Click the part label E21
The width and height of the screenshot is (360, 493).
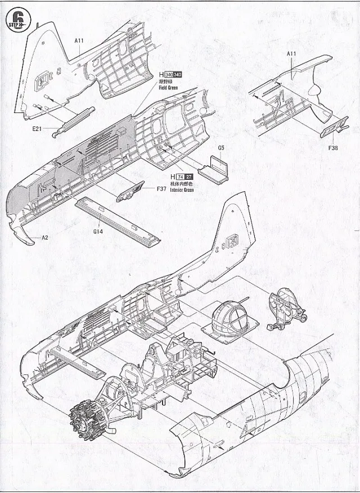click(x=38, y=129)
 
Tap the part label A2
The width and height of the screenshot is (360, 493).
click(x=45, y=238)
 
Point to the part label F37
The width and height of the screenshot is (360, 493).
click(x=162, y=189)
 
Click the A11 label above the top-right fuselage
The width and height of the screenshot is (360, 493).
click(x=291, y=53)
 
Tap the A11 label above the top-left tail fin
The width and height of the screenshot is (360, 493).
click(x=79, y=40)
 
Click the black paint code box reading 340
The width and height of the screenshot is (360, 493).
click(x=178, y=75)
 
